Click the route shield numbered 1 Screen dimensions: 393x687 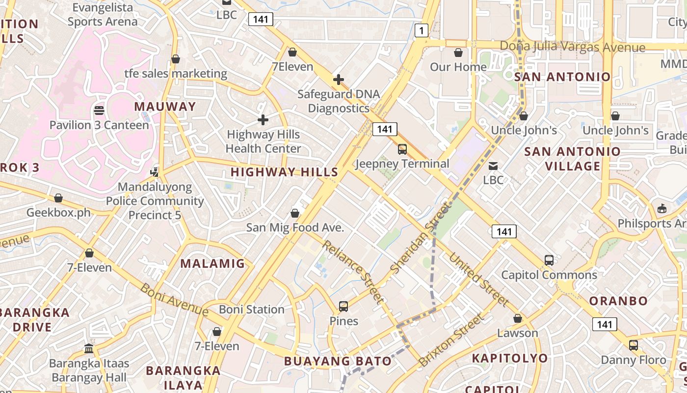click(x=421, y=31)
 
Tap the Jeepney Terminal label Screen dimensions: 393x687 click(x=402, y=164)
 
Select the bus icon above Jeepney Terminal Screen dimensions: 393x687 click(x=402, y=149)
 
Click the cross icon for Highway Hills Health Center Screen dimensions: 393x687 click(x=263, y=119)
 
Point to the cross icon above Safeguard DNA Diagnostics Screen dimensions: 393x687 click(x=338, y=79)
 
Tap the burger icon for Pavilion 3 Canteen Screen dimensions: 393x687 click(x=99, y=110)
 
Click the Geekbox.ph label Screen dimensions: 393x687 click(x=58, y=213)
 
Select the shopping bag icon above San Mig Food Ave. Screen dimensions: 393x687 click(x=295, y=213)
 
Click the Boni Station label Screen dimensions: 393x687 click(x=252, y=309)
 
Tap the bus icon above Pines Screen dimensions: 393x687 click(x=343, y=307)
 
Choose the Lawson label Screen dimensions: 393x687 click(x=518, y=333)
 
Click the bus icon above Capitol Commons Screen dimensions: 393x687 click(x=549, y=260)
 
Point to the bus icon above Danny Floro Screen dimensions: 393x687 click(x=634, y=345)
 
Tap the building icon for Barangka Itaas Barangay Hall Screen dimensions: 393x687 click(x=89, y=349)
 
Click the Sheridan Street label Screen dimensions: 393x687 click(x=420, y=238)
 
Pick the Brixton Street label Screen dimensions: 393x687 click(x=451, y=341)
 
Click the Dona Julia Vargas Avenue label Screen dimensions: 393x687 click(x=572, y=47)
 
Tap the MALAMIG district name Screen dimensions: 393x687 click(x=212, y=263)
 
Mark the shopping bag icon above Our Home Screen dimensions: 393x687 click(x=458, y=52)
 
